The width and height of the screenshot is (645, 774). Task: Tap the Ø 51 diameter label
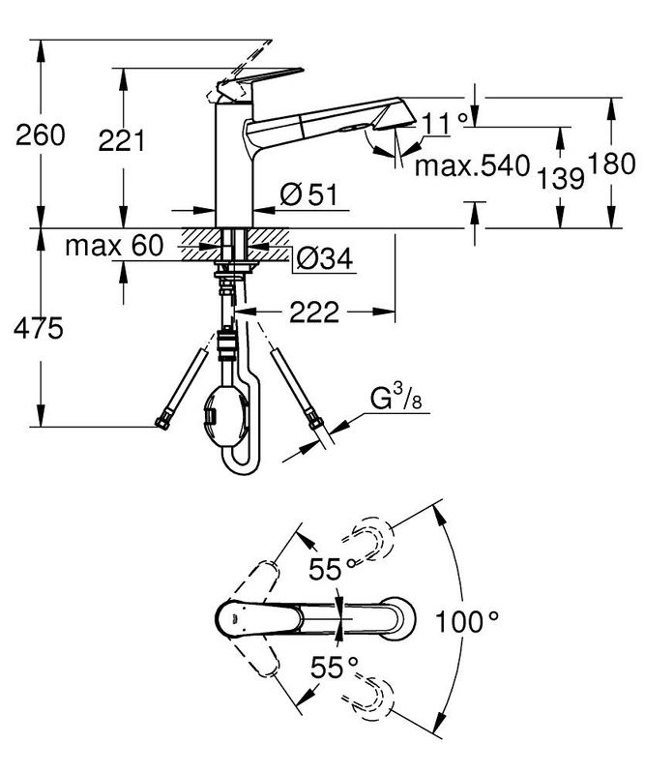click(x=307, y=194)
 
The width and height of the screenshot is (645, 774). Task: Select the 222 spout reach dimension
click(x=313, y=312)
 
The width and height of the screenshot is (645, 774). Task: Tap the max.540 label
click(x=473, y=165)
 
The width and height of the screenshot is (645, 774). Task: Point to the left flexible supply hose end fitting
click(x=161, y=421)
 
